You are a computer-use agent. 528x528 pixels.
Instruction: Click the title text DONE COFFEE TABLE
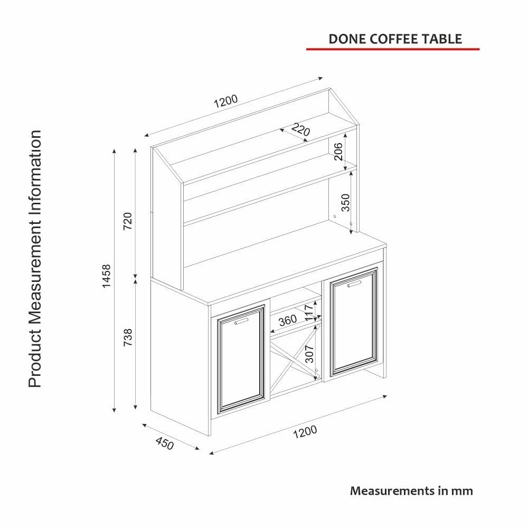tap(395, 39)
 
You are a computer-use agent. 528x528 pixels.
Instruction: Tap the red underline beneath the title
tap(393, 49)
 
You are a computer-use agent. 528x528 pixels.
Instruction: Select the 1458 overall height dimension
tap(107, 276)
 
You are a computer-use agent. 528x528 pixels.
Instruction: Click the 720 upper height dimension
tap(128, 221)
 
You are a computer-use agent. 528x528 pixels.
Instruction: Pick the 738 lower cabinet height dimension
tap(128, 337)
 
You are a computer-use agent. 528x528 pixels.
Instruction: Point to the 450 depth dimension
tap(165, 443)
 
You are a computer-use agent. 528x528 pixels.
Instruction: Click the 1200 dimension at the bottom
tap(305, 432)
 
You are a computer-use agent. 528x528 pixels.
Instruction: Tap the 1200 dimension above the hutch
tap(225, 101)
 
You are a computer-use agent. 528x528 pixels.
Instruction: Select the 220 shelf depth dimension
tap(300, 130)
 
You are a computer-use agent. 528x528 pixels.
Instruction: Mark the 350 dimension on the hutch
tap(345, 203)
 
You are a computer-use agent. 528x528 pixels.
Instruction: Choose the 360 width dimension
tap(288, 320)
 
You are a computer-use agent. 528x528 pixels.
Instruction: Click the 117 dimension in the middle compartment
tap(309, 313)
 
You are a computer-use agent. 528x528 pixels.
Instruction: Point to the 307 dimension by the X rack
tap(309, 354)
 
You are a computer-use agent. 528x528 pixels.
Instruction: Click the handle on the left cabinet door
tap(241, 321)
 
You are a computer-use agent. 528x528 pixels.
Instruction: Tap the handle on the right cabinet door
tap(354, 284)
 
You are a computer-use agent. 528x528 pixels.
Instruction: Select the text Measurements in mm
tap(411, 491)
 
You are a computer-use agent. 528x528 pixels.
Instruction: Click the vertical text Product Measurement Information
tap(35, 259)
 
